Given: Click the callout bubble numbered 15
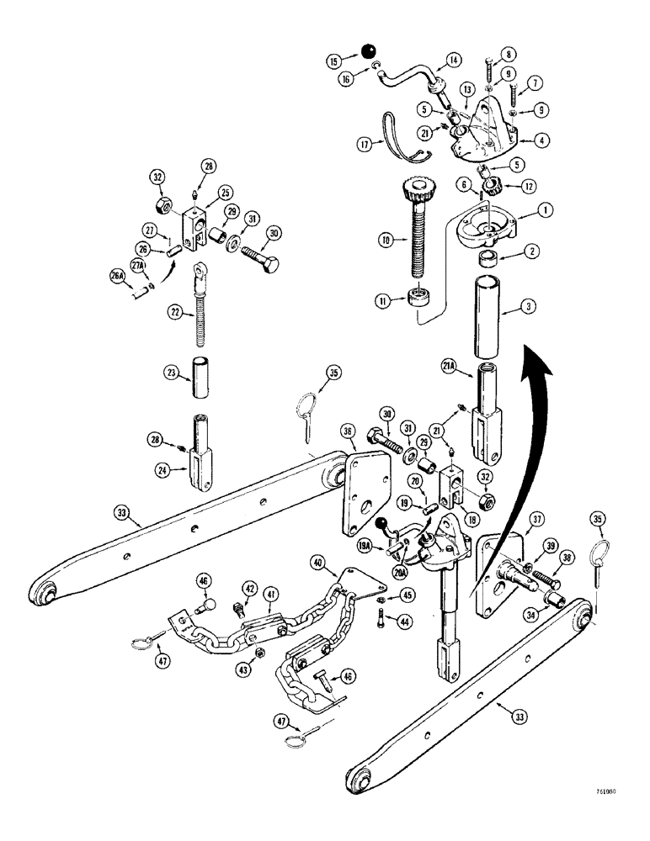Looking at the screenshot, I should coord(333,61).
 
